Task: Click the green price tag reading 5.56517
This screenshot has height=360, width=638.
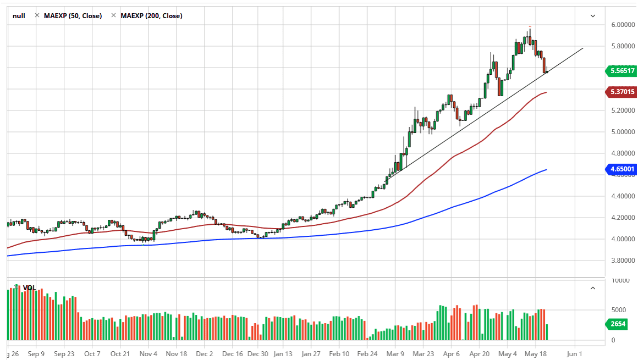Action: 621,71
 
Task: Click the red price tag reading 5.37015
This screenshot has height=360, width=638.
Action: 621,92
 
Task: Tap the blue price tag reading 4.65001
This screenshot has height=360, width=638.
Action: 621,169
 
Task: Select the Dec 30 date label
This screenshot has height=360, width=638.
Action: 258,354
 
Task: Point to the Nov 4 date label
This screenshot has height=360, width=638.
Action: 148,354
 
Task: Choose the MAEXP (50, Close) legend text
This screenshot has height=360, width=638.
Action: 72,16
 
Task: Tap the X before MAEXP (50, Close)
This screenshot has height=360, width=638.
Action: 37,16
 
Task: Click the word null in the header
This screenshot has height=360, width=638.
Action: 19,16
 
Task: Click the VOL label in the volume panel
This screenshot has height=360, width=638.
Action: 29,287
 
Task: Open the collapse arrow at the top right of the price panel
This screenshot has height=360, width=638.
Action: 593,16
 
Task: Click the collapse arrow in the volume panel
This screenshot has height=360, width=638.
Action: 593,288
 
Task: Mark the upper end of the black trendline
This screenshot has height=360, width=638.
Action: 583,48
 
